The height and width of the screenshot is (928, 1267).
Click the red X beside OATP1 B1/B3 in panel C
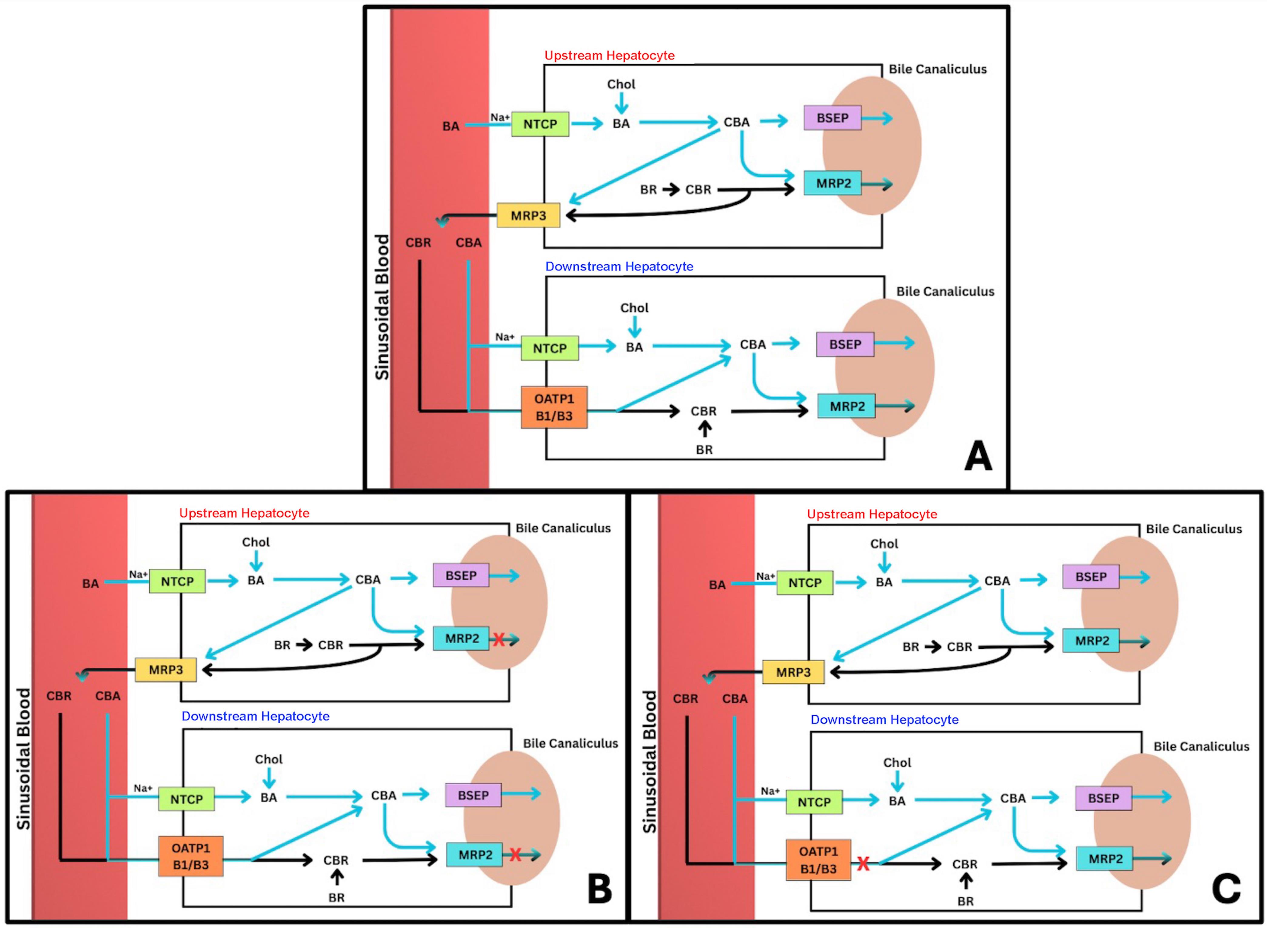(863, 863)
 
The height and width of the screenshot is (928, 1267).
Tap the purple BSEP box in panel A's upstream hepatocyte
(832, 118)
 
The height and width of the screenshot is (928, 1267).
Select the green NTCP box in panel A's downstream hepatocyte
(549, 348)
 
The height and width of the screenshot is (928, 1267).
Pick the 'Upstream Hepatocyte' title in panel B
(244, 513)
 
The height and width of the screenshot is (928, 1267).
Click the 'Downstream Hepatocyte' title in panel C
(885, 720)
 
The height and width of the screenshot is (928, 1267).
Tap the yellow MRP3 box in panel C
(793, 672)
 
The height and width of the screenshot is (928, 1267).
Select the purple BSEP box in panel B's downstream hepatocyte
(473, 796)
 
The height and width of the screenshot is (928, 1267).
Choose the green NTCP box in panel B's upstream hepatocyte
(177, 581)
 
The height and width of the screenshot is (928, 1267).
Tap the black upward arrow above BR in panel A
(705, 430)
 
